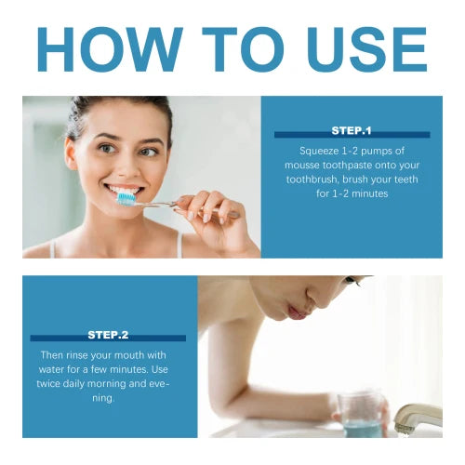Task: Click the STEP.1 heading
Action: [x=352, y=130]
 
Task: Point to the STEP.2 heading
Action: [x=108, y=334]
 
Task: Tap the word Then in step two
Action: [x=53, y=354]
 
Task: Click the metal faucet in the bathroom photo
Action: [x=416, y=418]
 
